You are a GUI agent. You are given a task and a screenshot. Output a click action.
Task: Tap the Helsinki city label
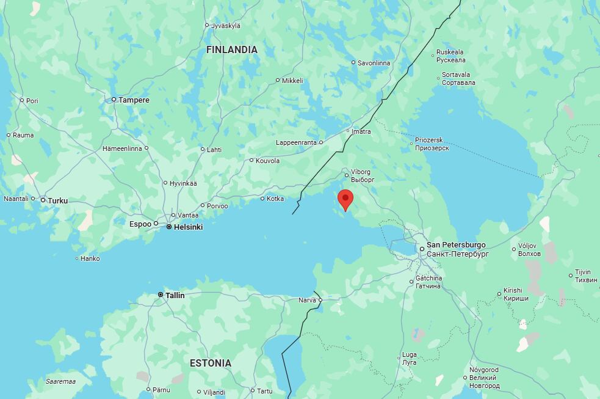click(x=188, y=227)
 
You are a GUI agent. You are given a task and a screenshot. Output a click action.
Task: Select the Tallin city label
click(x=175, y=295)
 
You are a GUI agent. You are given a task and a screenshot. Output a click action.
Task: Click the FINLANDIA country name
click(x=232, y=49)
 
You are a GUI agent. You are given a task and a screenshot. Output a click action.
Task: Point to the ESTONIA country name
click(x=211, y=363)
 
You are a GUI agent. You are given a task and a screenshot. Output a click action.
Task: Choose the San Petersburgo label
click(x=456, y=245)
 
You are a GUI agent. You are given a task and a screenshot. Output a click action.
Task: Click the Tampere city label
click(x=134, y=100)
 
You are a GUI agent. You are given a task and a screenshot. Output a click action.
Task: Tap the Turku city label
click(x=58, y=200)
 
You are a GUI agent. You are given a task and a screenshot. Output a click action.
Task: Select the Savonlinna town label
click(x=374, y=62)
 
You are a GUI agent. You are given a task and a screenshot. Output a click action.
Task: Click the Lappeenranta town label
click(x=296, y=142)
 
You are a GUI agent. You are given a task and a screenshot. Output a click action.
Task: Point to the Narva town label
click(x=307, y=300)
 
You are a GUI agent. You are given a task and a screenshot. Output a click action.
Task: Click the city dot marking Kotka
click(x=263, y=199)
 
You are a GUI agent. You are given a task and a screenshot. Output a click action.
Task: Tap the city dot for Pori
click(x=22, y=100)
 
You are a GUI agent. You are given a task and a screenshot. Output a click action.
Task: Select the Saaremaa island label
click(x=60, y=381)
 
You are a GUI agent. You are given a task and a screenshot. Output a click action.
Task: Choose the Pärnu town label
click(x=162, y=389)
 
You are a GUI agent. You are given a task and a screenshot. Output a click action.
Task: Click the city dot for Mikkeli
click(x=278, y=80)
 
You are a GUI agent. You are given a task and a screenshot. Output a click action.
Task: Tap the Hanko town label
click(x=90, y=258)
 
